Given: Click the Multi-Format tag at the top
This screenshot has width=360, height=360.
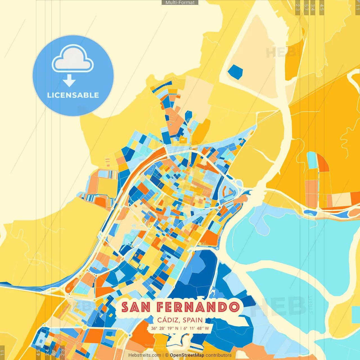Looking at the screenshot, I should (x=180, y=3).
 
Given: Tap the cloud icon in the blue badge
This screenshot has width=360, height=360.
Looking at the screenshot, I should (x=73, y=58).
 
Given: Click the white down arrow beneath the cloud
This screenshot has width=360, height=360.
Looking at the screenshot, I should (x=69, y=81).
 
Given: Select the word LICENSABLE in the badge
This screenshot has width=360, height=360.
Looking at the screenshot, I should (x=73, y=95).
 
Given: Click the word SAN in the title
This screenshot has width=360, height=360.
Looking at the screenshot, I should (x=136, y=307).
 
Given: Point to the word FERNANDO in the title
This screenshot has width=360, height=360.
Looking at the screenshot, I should (x=198, y=307).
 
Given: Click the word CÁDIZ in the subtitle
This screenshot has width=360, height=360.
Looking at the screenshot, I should (x=168, y=320).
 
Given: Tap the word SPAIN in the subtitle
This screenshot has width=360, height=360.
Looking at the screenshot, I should (x=193, y=320).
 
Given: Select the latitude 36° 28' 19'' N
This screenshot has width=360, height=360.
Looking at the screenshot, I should (x=165, y=328).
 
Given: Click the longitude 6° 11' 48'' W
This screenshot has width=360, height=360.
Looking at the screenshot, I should (x=196, y=328).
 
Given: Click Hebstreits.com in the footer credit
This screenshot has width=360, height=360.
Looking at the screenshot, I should (x=145, y=355).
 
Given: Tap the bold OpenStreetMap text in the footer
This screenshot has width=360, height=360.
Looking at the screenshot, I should (x=187, y=355).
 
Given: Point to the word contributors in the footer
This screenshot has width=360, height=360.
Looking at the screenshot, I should (x=219, y=355).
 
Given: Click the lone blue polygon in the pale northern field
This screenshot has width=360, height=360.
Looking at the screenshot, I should (x=235, y=72).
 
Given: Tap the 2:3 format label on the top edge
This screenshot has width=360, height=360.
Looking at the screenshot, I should (x=298, y=7).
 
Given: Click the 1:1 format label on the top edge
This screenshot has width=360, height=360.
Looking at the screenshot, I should (x=357, y=7).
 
